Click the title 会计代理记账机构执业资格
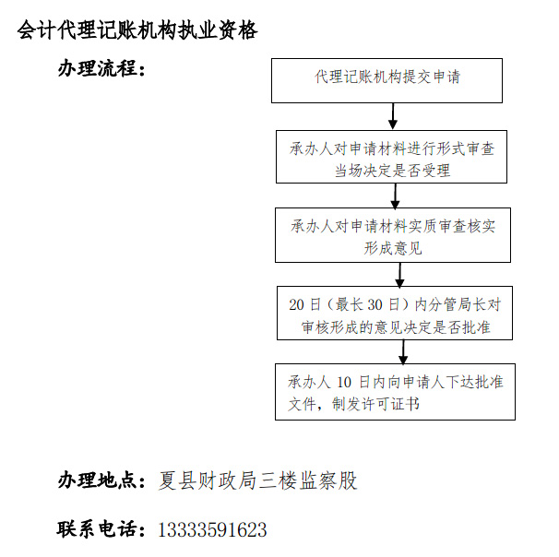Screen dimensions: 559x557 [137, 30]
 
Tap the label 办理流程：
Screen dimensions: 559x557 [102, 68]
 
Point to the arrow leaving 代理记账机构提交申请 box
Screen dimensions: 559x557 [393, 116]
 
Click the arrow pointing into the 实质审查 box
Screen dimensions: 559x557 [395, 196]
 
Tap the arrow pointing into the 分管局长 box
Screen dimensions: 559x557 [400, 275]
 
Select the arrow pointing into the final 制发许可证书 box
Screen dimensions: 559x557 [403, 351]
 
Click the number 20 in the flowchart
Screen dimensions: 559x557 [296, 304]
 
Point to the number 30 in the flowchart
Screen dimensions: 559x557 [375, 304]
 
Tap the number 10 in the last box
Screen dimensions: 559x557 [344, 383]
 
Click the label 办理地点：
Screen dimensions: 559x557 [102, 480]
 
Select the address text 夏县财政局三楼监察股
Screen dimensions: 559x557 [257, 480]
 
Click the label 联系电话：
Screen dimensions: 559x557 [101, 528]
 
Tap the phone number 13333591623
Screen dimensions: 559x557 [212, 530]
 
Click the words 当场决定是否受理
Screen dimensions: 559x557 [392, 171]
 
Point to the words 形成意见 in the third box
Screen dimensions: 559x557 [393, 248]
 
